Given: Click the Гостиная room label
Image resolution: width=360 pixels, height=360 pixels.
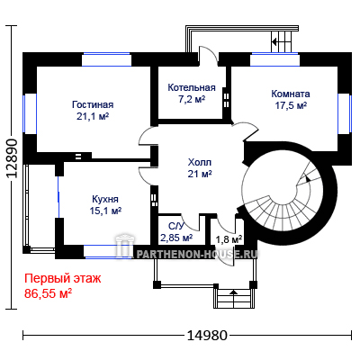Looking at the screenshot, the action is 93,104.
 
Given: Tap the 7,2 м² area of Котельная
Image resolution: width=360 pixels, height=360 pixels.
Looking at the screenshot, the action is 192,99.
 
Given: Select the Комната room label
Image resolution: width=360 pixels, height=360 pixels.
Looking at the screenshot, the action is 291,94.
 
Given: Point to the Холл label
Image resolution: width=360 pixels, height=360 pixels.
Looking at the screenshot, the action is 200,162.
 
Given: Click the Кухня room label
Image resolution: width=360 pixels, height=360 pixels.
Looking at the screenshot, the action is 105,199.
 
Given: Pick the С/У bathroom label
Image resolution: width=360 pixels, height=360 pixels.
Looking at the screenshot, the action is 175,226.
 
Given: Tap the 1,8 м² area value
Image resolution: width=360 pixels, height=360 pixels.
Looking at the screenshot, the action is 229,239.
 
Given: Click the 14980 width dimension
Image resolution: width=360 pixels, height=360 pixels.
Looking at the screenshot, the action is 207,335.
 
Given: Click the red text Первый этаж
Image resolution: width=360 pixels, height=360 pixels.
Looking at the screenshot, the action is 63,279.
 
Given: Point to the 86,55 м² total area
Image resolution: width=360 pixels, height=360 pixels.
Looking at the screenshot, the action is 48,293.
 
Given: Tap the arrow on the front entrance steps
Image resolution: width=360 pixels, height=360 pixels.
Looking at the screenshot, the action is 234,292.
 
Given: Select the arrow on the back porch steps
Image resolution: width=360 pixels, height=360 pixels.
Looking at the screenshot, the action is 274,41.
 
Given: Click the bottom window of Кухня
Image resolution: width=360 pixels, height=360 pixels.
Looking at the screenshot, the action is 108,252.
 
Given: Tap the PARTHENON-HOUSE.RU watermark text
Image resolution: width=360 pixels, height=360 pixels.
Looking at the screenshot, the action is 197,255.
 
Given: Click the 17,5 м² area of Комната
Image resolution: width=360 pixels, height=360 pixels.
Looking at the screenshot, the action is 291,105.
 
